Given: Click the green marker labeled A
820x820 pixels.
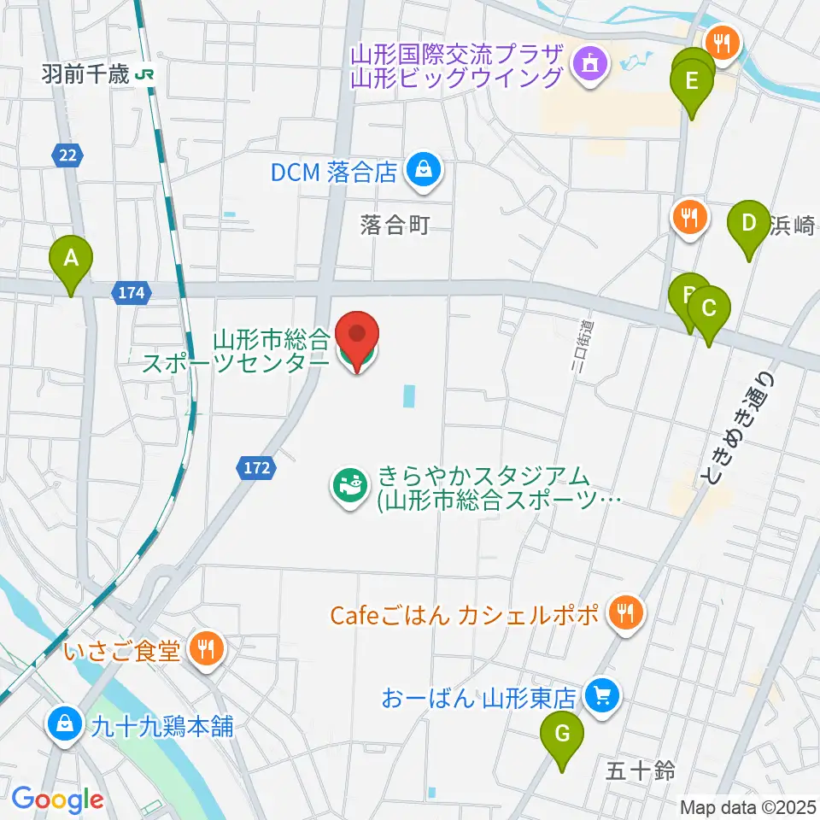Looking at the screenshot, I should tap(72, 258).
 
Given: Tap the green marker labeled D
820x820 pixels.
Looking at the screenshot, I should tap(748, 225).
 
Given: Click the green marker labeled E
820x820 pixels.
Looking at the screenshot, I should tap(693, 84).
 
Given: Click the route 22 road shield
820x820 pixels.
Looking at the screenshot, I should tap(67, 155).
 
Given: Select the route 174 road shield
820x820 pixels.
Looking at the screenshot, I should tap(132, 293).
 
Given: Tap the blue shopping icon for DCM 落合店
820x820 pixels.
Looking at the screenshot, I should tap(423, 170).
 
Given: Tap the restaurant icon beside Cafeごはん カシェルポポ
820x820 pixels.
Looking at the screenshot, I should tap(625, 612).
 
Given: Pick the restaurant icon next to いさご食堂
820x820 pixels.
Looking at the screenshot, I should tap(205, 650).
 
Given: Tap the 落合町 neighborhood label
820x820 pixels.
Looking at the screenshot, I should tap(394, 225).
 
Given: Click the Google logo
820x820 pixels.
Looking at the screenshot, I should tap(56, 799).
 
